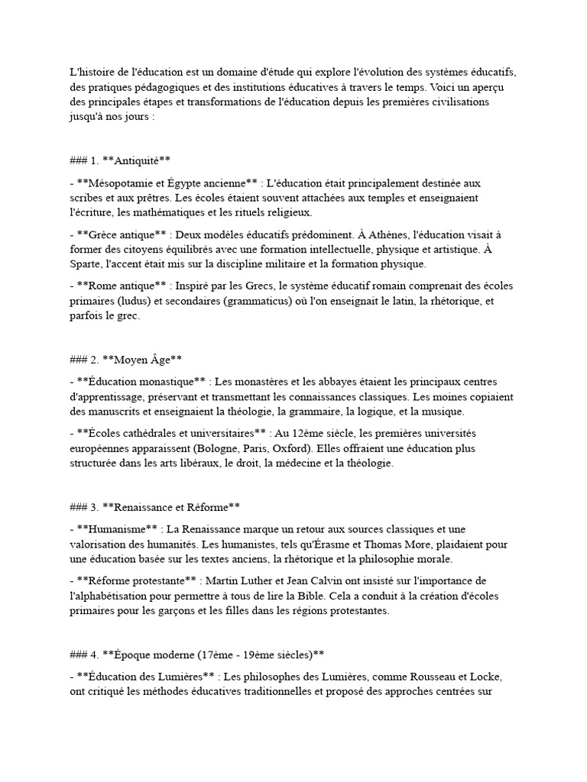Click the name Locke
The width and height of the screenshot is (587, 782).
tap(485, 677)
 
